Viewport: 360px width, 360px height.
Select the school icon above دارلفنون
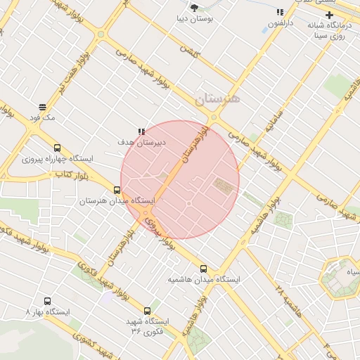click(x=281, y=12)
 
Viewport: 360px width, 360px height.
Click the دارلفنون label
click(x=280, y=23)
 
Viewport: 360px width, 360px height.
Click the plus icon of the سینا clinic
click(x=328, y=15)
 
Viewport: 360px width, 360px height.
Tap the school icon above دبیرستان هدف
click(x=141, y=131)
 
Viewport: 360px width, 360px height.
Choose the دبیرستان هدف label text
click(x=141, y=142)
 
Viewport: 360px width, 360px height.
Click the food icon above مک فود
click(x=43, y=108)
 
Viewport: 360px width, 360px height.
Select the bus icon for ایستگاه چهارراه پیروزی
click(x=57, y=148)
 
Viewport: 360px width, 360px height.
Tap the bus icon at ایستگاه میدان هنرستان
click(x=117, y=189)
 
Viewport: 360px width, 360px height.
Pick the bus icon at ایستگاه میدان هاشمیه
click(x=204, y=268)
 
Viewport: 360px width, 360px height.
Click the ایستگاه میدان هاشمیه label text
click(x=204, y=279)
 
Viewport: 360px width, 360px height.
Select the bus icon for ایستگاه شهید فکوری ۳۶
click(x=147, y=310)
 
